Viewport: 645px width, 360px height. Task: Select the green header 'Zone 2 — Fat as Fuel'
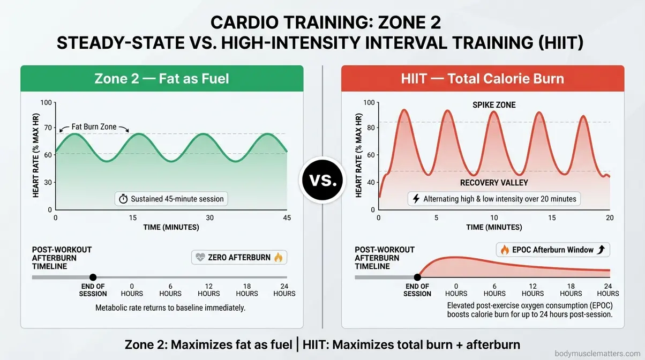point(162,79)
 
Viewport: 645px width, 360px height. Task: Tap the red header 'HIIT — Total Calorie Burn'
point(482,79)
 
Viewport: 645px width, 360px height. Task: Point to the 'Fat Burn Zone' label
point(94,128)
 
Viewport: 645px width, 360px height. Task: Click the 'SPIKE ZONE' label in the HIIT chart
point(494,105)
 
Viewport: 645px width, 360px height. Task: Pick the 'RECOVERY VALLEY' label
point(494,183)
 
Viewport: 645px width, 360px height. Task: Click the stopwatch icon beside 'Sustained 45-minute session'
point(123,199)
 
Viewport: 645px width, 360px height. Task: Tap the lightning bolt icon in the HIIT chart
point(415,199)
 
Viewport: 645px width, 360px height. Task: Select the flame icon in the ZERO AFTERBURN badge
point(278,258)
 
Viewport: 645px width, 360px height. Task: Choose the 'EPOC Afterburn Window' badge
point(553,250)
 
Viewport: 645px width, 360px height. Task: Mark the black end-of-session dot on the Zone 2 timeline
point(93,277)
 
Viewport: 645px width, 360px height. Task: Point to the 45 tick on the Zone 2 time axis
point(287,217)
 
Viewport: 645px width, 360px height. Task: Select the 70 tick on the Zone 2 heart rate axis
point(48,129)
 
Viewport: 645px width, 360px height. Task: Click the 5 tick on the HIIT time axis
point(436,217)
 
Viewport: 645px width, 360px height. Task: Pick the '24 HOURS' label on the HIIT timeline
point(607,290)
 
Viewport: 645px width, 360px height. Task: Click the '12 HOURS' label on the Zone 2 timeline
point(208,290)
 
